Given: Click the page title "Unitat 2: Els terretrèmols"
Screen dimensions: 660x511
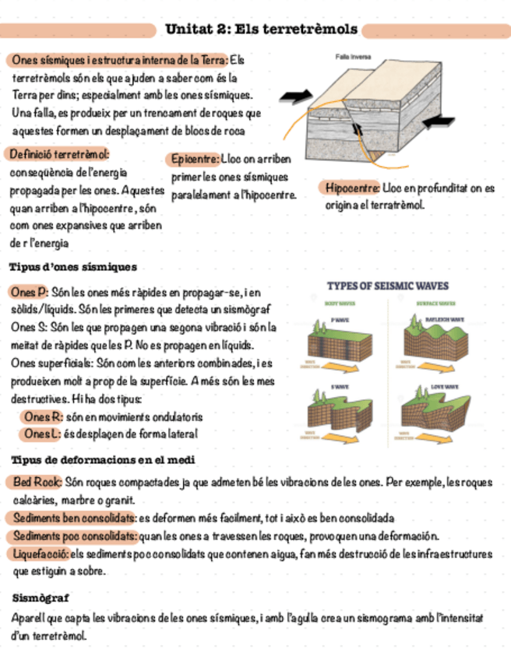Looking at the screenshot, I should click(261, 30).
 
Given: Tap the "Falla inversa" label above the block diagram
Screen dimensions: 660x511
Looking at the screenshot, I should click(353, 57).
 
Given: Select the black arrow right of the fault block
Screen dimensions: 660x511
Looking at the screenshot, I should click(441, 121).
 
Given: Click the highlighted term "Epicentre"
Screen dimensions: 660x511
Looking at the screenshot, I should click(194, 159).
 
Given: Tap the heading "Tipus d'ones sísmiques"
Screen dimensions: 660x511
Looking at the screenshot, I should click(72, 267).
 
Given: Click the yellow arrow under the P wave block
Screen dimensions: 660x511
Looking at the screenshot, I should click(348, 366).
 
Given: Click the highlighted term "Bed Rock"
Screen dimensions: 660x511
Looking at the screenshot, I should click(37, 482).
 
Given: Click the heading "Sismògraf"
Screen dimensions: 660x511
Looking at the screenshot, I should click(41, 598).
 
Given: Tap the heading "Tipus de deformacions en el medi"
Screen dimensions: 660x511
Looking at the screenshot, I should click(100, 460).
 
